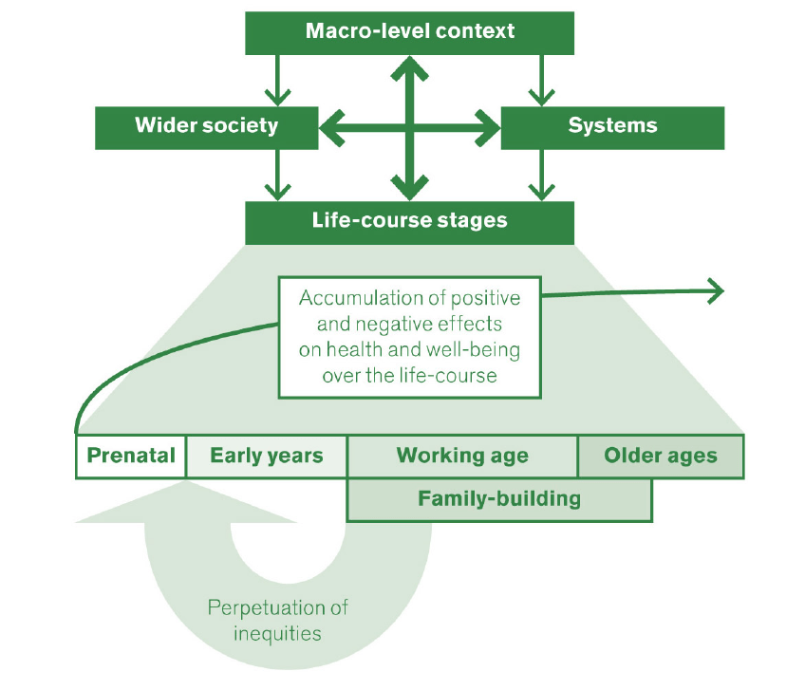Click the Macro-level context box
pyautogui.click(x=409, y=31)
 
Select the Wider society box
pyautogui.click(x=206, y=126)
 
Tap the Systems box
pyautogui.click(x=612, y=126)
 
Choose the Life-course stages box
pyautogui.click(x=409, y=221)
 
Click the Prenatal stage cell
pyautogui.click(x=131, y=456)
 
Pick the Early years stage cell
pyautogui.click(x=267, y=456)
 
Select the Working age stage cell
pyautogui.click(x=462, y=456)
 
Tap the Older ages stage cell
pyautogui.click(x=661, y=456)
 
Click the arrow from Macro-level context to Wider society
pyautogui.click(x=276, y=81)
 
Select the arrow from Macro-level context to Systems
pyautogui.click(x=541, y=81)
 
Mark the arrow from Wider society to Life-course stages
pyautogui.click(x=276, y=176)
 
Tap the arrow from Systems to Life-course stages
pyautogui.click(x=541, y=176)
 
